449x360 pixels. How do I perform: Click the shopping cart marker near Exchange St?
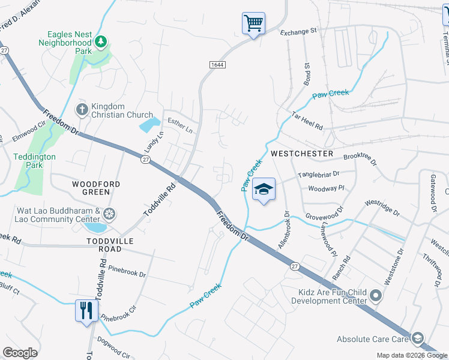pyautogui.click(x=253, y=24)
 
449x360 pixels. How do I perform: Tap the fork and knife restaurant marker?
pyautogui.click(x=86, y=311)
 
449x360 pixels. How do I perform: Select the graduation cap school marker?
pyautogui.click(x=264, y=190)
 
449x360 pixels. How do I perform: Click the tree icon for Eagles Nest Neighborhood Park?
pyautogui.click(x=102, y=41)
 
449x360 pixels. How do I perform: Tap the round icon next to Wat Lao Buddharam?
pyautogui.click(x=109, y=214)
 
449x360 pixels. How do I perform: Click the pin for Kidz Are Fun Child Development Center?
pyautogui.click(x=376, y=295)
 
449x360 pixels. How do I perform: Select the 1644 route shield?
pyautogui.click(x=217, y=64)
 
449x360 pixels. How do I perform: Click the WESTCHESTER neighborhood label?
pyautogui.click(x=301, y=154)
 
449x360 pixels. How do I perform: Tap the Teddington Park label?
pyautogui.click(x=34, y=161)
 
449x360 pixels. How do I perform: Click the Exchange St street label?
pyautogui.click(x=297, y=31)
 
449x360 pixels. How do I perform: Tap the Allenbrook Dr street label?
pyautogui.click(x=283, y=230)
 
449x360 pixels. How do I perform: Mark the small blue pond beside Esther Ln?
pyautogui.click(x=149, y=125)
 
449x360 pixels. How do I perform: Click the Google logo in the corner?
pyautogui.click(x=20, y=353)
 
